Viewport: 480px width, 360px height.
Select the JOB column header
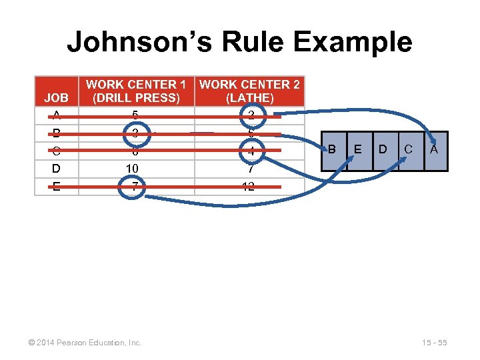[57, 97]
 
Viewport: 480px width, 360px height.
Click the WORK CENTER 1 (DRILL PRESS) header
[136, 91]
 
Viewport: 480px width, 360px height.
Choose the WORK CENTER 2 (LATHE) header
[249, 91]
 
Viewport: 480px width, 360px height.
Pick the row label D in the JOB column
[56, 169]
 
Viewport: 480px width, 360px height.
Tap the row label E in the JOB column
[56, 187]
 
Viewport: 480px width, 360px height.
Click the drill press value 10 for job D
[135, 169]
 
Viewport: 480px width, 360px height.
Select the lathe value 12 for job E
[249, 187]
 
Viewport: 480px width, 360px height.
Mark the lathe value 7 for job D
[249, 169]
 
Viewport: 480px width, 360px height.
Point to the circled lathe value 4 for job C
[249, 151]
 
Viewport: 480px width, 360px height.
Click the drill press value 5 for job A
[135, 115]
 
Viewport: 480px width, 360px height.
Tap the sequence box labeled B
[332, 151]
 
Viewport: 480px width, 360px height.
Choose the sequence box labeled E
[358, 151]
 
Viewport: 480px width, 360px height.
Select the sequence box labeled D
[383, 151]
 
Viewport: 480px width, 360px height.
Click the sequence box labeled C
[409, 151]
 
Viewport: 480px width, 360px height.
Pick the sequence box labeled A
[434, 151]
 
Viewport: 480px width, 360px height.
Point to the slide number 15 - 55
[434, 343]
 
